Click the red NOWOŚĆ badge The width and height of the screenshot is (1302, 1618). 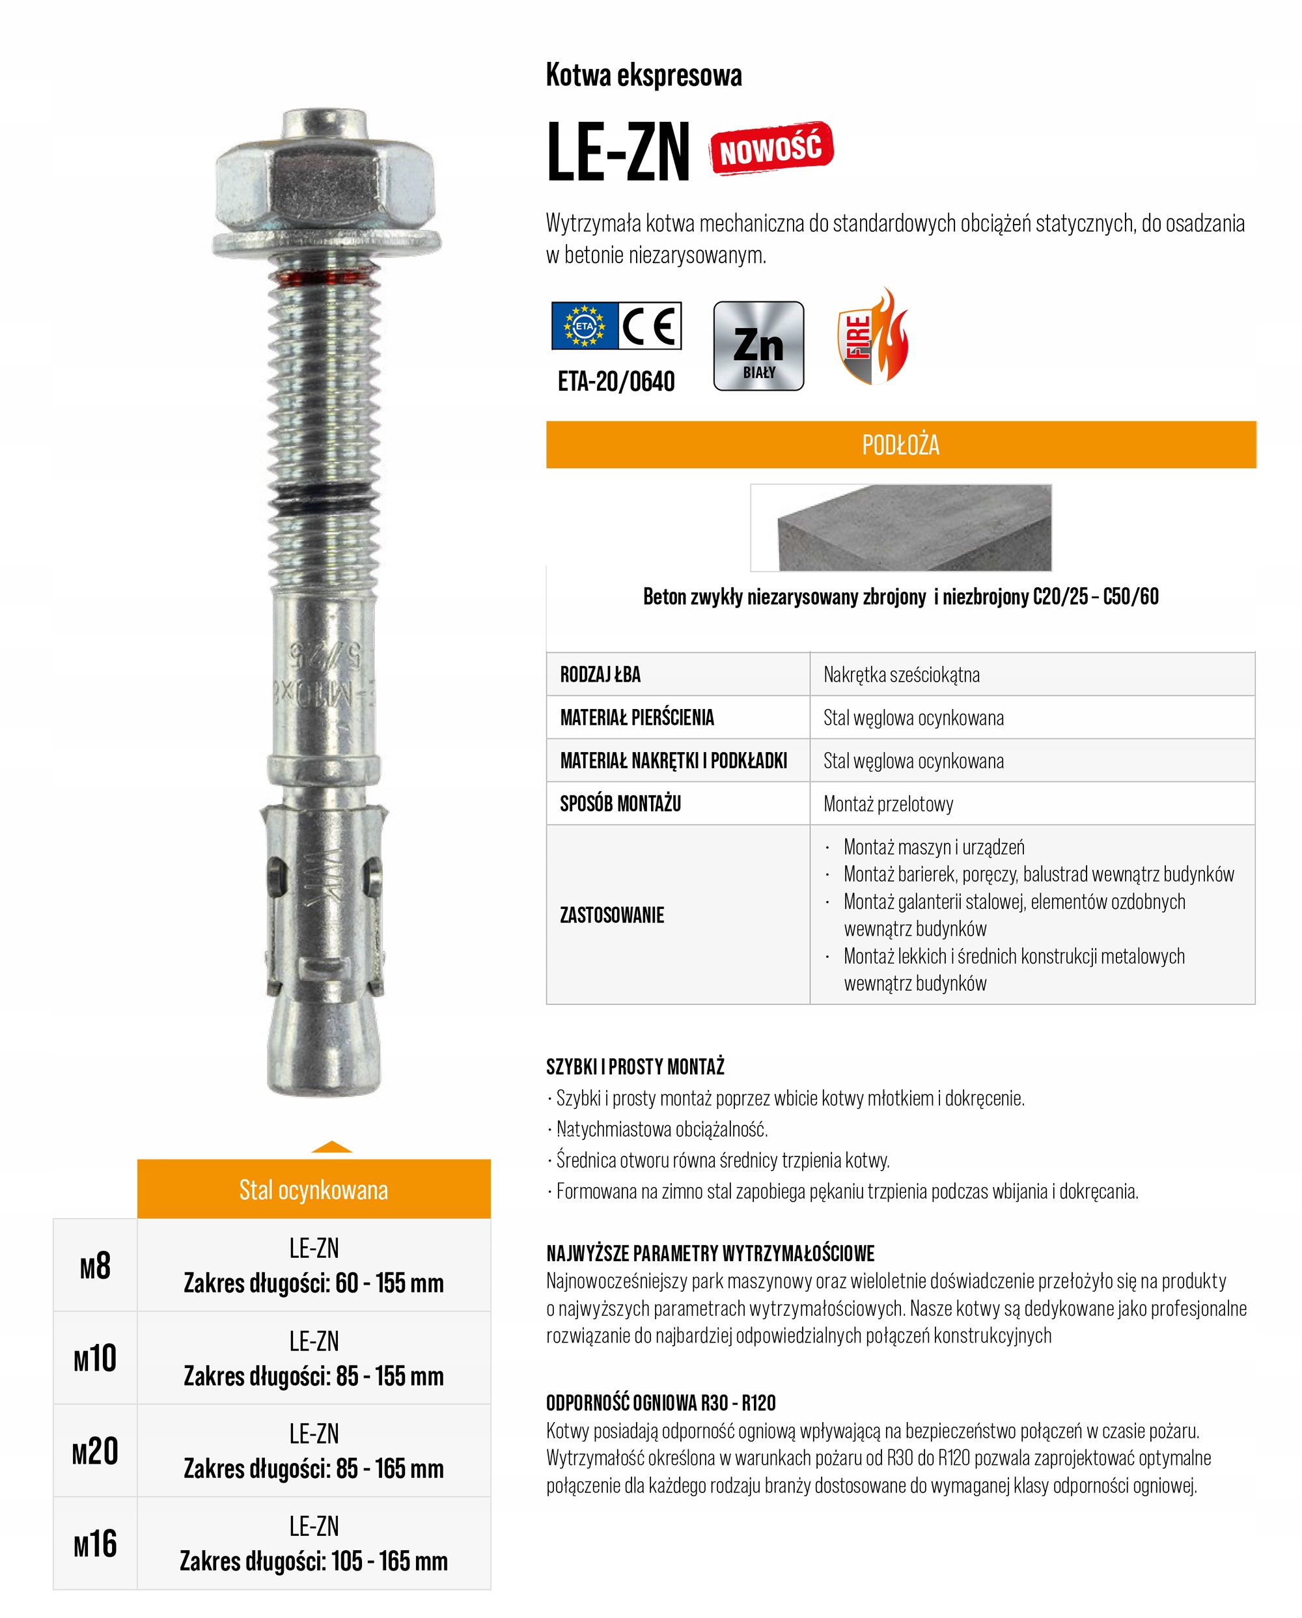point(771,148)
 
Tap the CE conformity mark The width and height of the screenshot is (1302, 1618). point(650,326)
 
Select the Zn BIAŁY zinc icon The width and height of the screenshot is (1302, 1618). point(758,346)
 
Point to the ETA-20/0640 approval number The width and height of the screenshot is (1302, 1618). point(615,382)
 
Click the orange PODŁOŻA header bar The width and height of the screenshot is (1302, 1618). point(900,444)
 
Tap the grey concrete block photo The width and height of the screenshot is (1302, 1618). point(900,527)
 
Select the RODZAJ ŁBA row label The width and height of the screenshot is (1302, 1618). point(600,674)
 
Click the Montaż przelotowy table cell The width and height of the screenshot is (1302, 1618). point(889,803)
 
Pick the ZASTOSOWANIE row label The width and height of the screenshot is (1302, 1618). point(611,915)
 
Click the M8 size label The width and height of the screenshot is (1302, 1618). point(95,1266)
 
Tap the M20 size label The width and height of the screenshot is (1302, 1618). point(95,1451)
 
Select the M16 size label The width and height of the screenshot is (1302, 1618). point(95,1544)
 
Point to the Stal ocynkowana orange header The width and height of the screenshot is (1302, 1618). point(314,1190)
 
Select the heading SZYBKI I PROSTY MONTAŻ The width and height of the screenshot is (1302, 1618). point(635,1067)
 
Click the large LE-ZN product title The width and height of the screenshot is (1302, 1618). point(618,152)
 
